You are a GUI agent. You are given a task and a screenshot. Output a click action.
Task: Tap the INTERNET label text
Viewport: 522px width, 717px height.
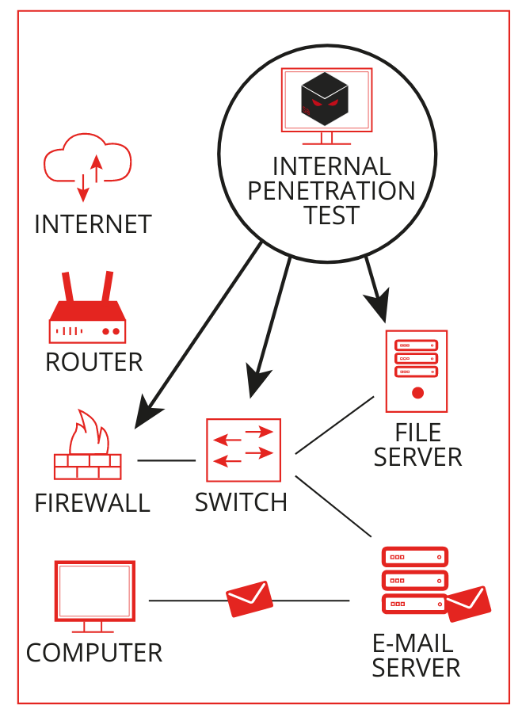click(93, 224)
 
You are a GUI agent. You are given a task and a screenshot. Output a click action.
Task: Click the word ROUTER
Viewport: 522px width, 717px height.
click(93, 362)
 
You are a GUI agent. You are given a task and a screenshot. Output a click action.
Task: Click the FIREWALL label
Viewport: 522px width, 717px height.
click(92, 502)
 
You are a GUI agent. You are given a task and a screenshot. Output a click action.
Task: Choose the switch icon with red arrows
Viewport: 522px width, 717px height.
click(243, 450)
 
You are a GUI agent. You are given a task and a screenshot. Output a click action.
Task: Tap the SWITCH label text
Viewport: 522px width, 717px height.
click(241, 502)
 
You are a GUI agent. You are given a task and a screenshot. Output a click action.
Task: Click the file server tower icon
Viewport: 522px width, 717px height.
click(416, 371)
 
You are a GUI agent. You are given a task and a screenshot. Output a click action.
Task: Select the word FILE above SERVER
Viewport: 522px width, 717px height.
click(417, 433)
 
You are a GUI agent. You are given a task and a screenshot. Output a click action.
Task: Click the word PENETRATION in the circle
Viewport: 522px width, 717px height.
click(331, 191)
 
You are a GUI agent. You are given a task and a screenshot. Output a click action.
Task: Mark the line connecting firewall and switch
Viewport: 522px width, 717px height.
click(166, 460)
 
